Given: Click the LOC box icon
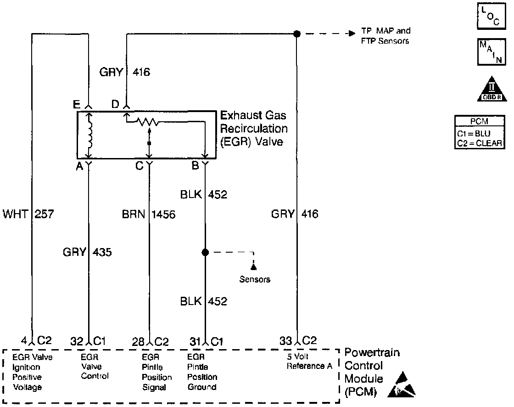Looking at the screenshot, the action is (491, 16).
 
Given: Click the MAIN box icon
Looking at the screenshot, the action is (491, 52).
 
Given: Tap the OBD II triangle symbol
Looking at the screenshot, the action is (492, 89).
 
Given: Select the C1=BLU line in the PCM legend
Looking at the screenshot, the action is (474, 134).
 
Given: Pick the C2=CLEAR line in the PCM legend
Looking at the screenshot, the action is (480, 143).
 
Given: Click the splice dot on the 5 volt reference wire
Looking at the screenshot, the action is (296, 34).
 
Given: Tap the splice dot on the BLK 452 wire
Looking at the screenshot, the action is (205, 252).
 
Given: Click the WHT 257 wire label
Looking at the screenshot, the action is (28, 214).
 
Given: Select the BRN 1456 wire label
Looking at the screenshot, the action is (149, 215).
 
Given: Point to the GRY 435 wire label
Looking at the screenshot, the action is (87, 252).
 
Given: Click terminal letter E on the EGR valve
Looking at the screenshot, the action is (76, 104).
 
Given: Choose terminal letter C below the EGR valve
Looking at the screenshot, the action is (140, 166).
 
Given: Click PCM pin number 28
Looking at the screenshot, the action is (138, 342).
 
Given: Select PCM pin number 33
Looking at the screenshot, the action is (285, 341).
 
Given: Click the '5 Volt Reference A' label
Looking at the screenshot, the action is (309, 361).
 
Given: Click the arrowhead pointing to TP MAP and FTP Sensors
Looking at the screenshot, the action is (352, 34).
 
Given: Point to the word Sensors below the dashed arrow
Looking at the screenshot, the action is (255, 279).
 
